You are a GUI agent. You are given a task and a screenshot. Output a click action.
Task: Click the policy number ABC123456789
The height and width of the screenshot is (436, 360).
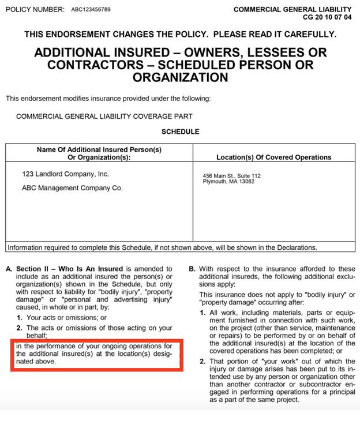(90, 10)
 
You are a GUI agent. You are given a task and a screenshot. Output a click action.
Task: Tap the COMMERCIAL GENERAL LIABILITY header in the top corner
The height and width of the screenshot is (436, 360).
(292, 9)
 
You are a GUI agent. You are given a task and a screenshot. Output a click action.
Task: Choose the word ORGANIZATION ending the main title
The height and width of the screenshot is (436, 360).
(180, 77)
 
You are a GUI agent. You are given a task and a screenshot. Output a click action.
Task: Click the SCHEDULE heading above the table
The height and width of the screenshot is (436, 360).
(180, 131)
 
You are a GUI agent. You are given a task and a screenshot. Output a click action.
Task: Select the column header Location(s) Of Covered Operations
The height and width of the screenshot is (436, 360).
(273, 157)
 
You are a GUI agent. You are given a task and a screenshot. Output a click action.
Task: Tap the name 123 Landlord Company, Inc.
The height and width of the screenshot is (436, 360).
(65, 174)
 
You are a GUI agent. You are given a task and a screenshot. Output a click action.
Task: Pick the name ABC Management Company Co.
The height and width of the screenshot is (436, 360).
(72, 188)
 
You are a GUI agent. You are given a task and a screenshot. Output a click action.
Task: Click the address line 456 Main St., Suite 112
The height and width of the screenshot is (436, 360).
(232, 176)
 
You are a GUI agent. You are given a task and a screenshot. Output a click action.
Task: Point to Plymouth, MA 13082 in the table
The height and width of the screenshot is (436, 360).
(228, 182)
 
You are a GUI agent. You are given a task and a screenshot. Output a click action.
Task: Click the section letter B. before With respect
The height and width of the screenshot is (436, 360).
(192, 269)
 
